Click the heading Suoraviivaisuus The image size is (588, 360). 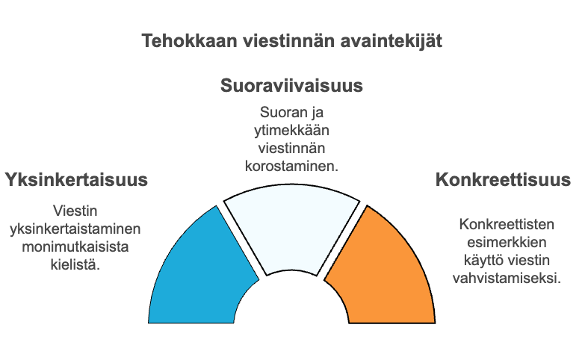click(291, 86)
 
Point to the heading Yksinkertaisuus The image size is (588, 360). click(76, 180)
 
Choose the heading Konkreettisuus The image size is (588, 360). click(504, 179)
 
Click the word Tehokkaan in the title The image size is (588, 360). click(189, 40)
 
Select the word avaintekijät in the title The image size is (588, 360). click(392, 41)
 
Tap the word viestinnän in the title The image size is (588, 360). click(288, 40)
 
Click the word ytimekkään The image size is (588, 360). click(291, 131)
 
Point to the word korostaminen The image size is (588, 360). click(291, 166)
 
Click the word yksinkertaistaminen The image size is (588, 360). click(75, 229)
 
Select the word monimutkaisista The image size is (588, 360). click(75, 246)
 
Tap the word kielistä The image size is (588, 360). click(75, 264)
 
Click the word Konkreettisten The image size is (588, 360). click(507, 224)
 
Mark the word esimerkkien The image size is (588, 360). click(507, 242)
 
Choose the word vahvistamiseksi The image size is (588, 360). click(507, 279)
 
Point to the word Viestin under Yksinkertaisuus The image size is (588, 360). click(75, 211)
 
